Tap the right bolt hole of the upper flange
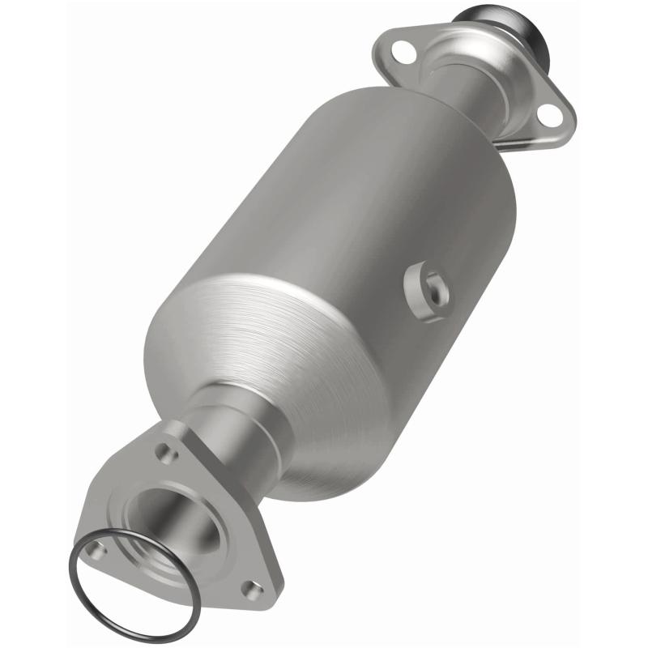(x=550, y=115)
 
